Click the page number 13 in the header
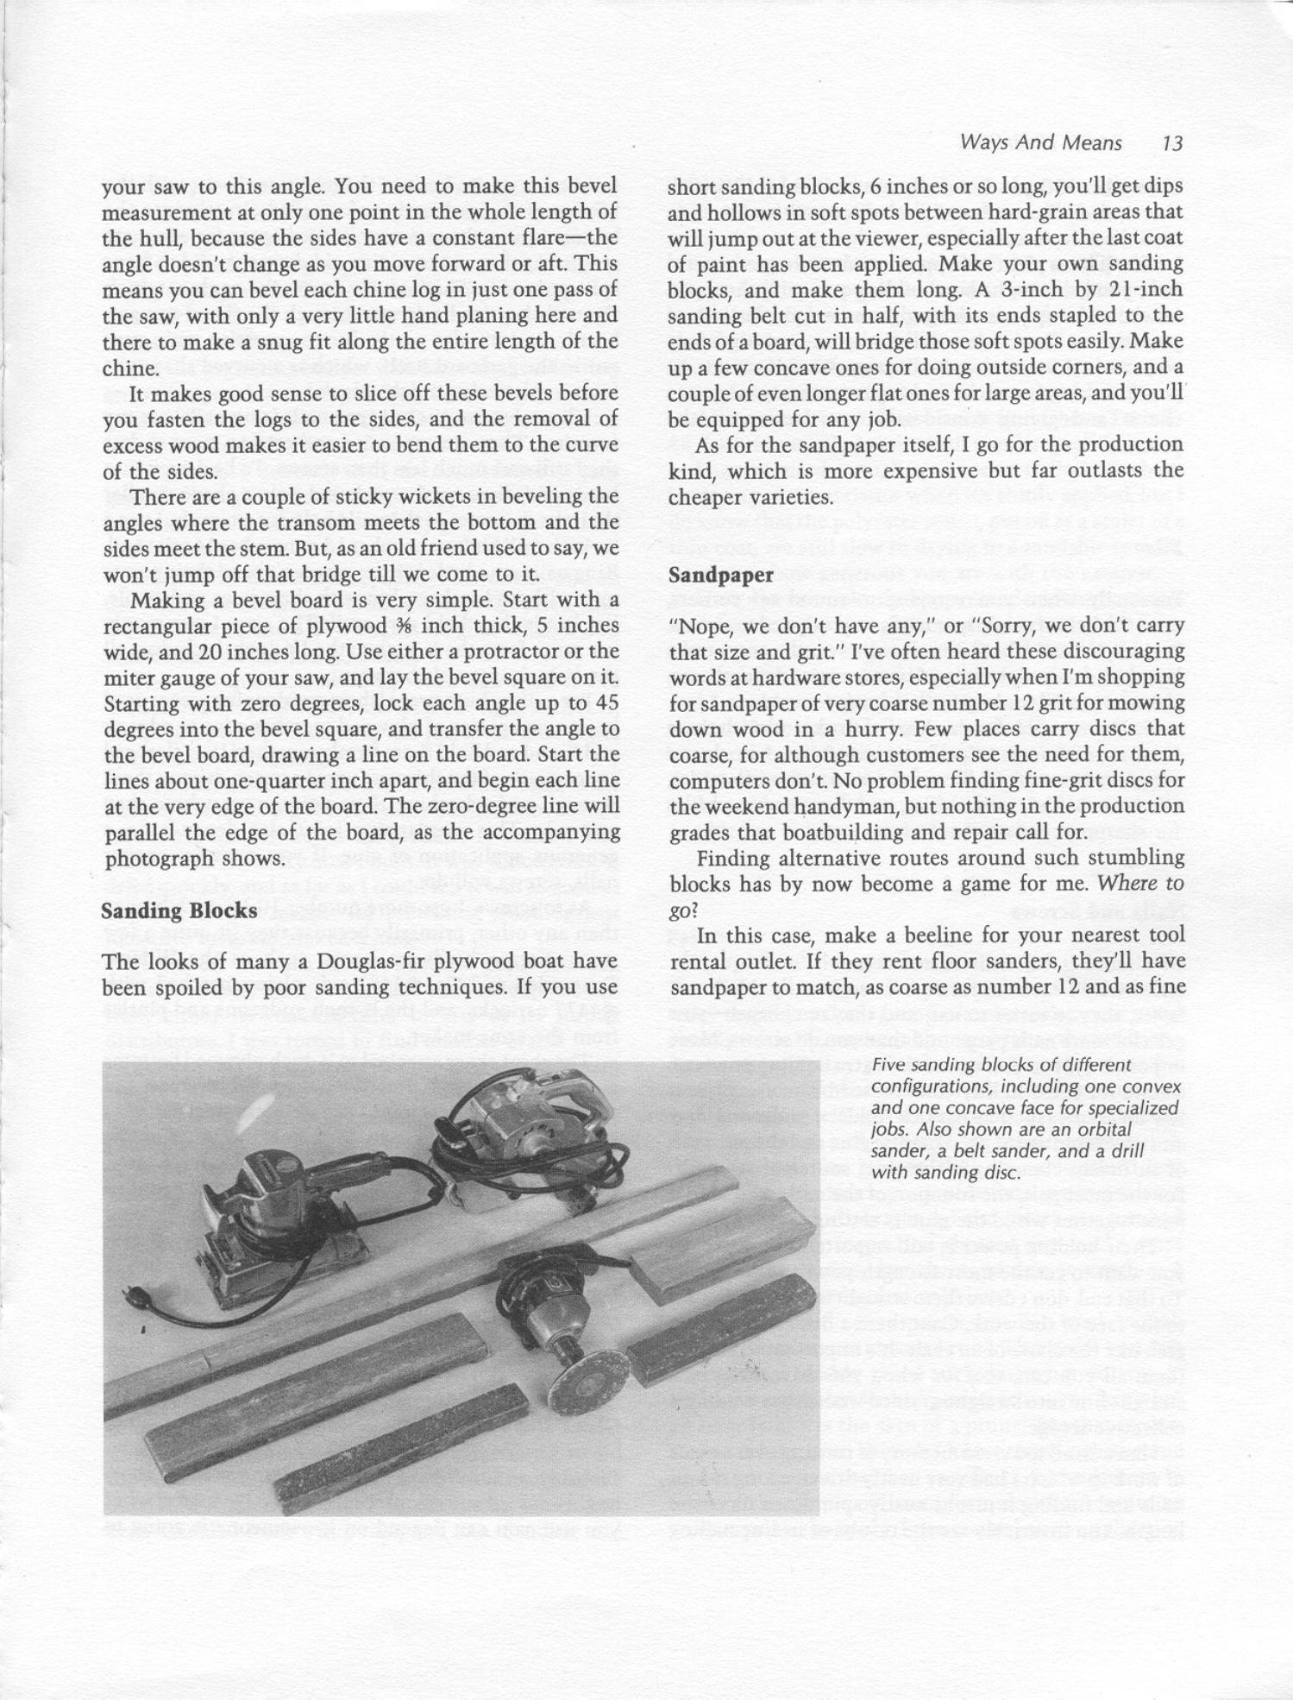[x=1171, y=143]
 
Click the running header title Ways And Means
[x=1040, y=143]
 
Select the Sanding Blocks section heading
[x=179, y=910]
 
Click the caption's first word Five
[x=887, y=1065]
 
